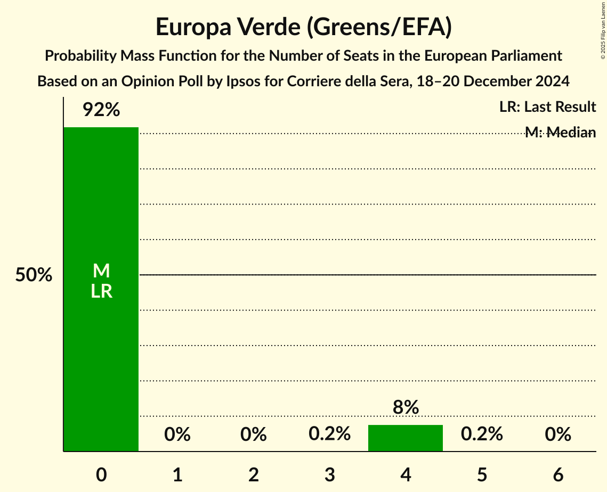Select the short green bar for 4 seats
tap(406, 438)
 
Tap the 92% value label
tap(101, 110)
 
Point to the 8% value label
tap(406, 408)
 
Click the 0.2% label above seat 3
tap(329, 434)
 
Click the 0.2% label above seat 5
tap(482, 434)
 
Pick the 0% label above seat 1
tap(177, 434)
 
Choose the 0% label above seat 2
tap(253, 434)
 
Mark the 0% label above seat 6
tap(558, 434)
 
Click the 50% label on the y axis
tap(34, 275)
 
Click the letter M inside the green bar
tap(101, 272)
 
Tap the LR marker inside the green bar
tap(101, 291)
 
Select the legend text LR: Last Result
tap(547, 107)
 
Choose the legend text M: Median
tap(560, 133)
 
